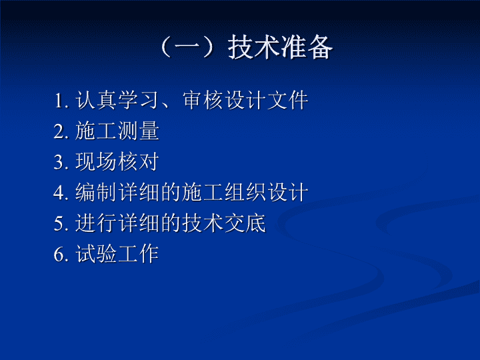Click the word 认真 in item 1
[97, 100]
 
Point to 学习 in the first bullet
[139, 100]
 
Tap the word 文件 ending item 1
[288, 100]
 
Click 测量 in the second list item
[139, 131]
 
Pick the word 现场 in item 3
[97, 161]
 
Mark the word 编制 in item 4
[97, 192]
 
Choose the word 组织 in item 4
[245, 192]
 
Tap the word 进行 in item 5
[97, 223]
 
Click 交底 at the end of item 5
[245, 223]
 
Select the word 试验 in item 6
[97, 253]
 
